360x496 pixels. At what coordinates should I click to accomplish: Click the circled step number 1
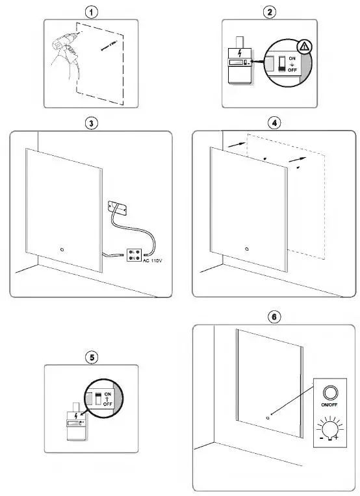point(96,11)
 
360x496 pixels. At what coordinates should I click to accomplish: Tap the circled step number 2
point(268,11)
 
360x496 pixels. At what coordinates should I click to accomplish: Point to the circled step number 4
point(276,123)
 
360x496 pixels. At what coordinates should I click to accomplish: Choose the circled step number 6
point(276,317)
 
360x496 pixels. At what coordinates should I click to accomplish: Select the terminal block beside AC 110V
point(135,254)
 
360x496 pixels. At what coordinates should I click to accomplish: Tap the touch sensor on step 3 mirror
point(62,248)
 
